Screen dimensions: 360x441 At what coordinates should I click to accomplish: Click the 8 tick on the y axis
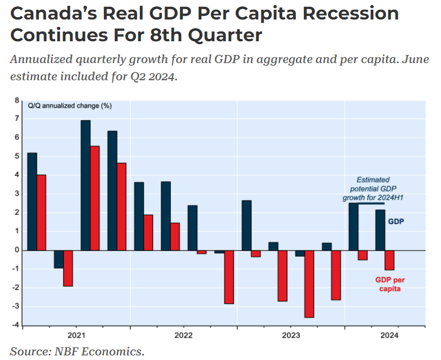click(x=17, y=100)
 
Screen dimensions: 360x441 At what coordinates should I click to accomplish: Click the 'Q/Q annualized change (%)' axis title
click(x=70, y=105)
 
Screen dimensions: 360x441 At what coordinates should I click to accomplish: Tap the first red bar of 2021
click(x=41, y=212)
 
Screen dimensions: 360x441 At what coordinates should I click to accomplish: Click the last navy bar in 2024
click(x=380, y=230)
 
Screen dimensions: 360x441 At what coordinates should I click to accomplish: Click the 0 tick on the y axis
click(x=17, y=251)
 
